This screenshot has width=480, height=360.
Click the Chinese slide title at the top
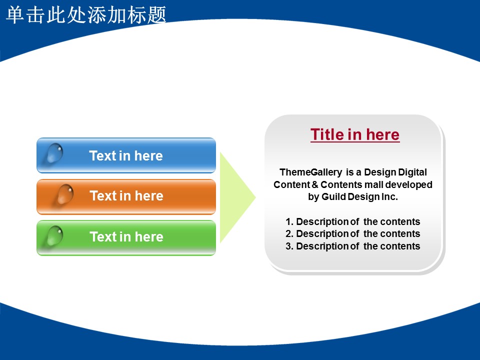click(x=86, y=14)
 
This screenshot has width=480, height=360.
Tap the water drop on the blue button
click(x=55, y=153)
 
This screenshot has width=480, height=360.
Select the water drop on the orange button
click(x=65, y=194)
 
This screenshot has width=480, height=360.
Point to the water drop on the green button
click(x=55, y=235)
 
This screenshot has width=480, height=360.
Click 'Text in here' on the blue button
click(x=126, y=156)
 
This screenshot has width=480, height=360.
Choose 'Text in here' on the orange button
click(x=126, y=196)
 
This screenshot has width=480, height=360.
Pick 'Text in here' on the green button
click(x=126, y=237)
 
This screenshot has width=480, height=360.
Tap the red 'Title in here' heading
click(x=355, y=134)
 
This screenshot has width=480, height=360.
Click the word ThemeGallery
click(x=310, y=172)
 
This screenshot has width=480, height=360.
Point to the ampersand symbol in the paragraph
click(x=315, y=184)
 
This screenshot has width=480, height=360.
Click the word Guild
click(x=333, y=197)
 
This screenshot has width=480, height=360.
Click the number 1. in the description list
click(x=289, y=221)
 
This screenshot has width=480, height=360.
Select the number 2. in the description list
click(x=289, y=234)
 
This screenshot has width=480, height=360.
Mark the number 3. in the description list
click(x=289, y=246)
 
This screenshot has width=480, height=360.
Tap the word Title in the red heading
click(x=326, y=134)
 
